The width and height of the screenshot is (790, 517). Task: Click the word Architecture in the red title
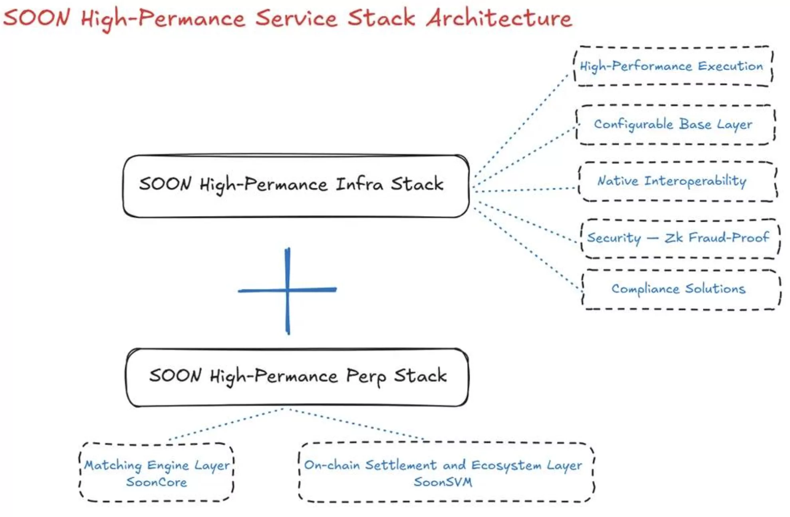pos(499,18)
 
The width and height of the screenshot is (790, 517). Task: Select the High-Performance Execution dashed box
pos(673,66)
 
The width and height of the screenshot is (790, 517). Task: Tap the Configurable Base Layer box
pos(675,124)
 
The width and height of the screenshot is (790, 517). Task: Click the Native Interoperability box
pos(677,181)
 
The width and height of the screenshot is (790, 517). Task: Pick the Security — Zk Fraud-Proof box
pos(679,238)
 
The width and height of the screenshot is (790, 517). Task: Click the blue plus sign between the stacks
pos(288,290)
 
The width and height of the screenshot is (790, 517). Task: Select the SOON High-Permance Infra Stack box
pos(296,186)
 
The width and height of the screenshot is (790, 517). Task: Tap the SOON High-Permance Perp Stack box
pos(297,377)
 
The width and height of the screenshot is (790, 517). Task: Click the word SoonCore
pos(157,482)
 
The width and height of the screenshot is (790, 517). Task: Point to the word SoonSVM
pos(443,482)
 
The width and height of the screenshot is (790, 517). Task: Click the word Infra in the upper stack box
pos(359,184)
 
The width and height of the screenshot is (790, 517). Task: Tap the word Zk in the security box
pos(673,238)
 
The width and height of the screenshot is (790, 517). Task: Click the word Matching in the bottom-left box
pos(113,465)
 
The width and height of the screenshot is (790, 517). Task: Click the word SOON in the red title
pos(37,18)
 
